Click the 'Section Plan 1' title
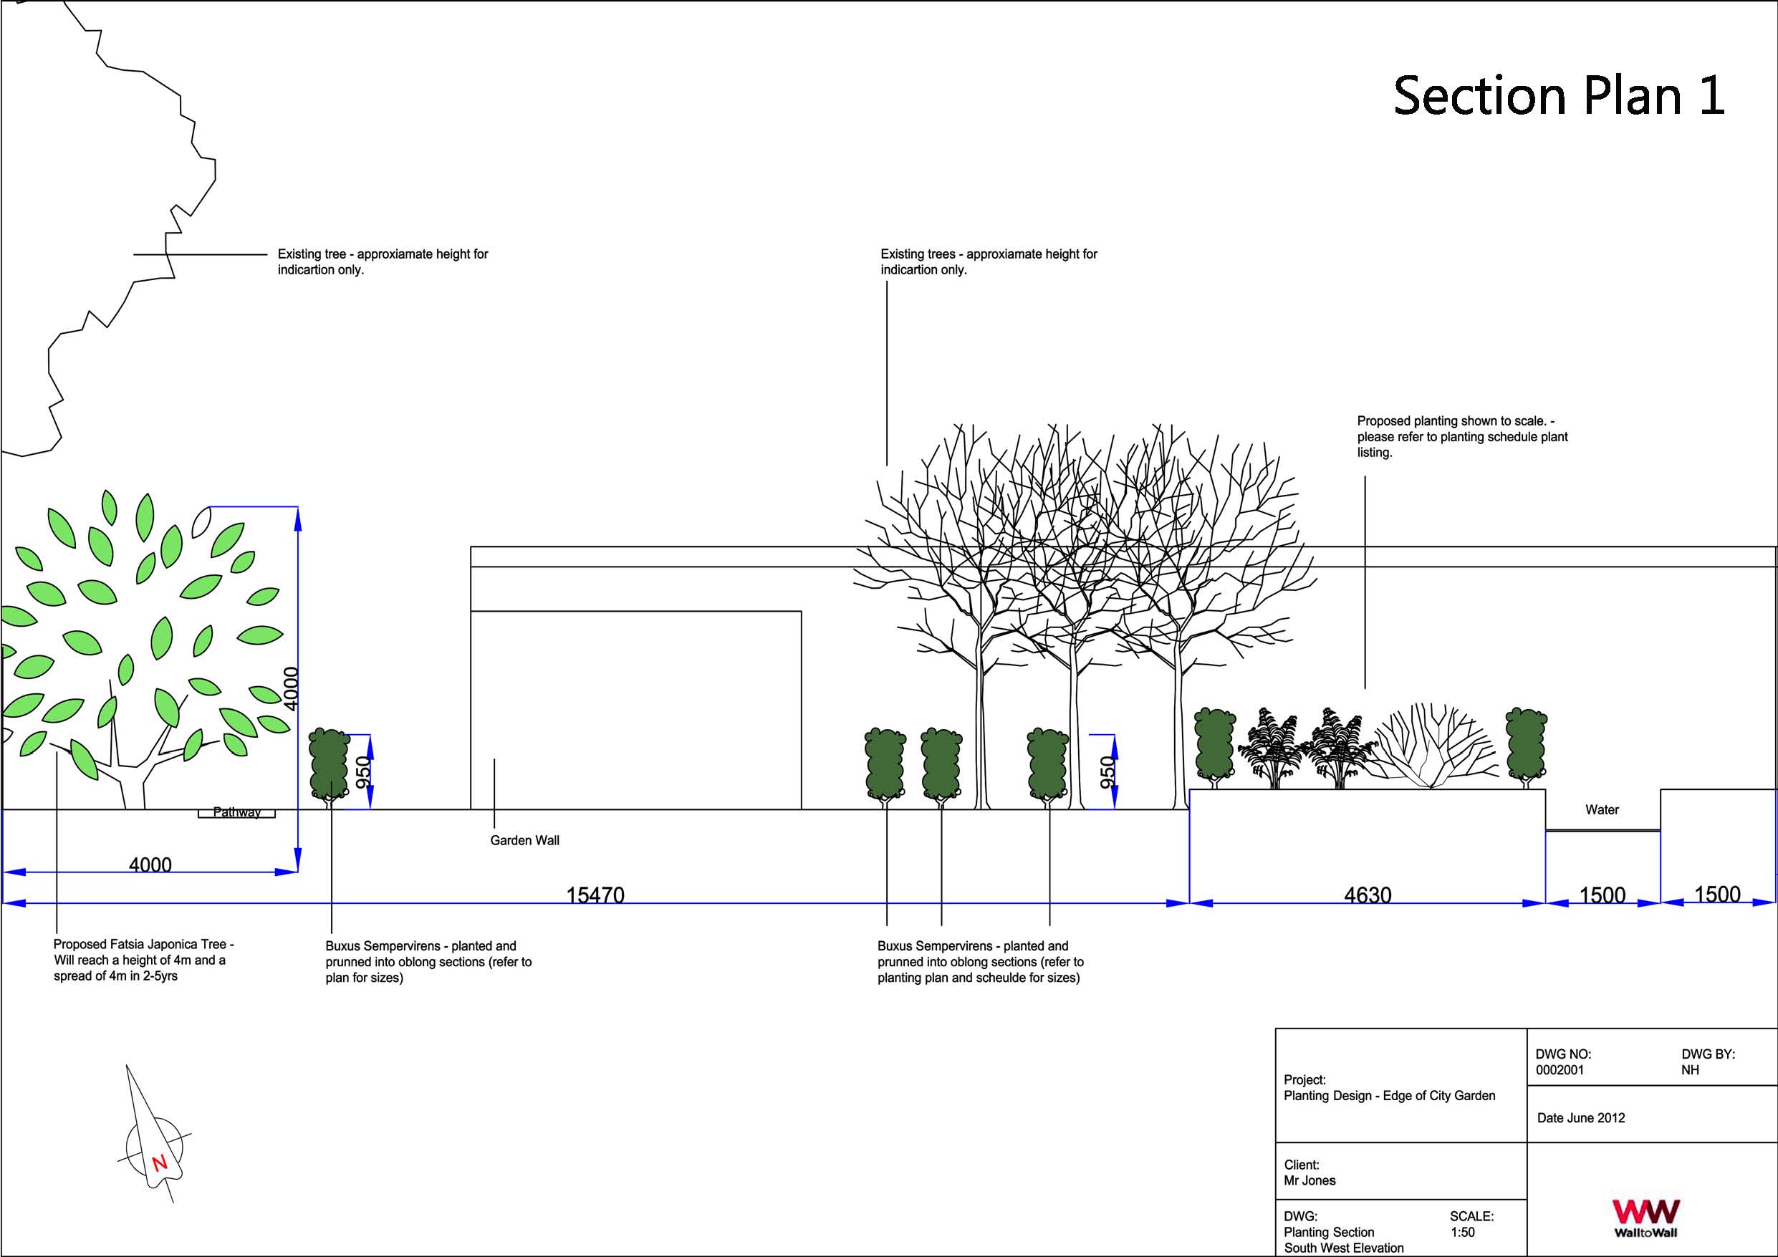click(1558, 96)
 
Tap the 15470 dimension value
click(595, 895)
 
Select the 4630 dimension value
click(1368, 895)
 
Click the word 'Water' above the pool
click(1602, 810)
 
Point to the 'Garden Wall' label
click(524, 840)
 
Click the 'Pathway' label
click(237, 812)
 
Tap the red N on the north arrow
click(160, 1162)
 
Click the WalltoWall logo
click(1645, 1218)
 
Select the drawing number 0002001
click(1560, 1070)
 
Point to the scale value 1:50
click(1462, 1232)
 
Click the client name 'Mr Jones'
click(1310, 1181)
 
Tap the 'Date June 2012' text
click(1580, 1118)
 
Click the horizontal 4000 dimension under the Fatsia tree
click(150, 865)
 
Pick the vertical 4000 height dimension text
click(290, 688)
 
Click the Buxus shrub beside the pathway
click(329, 764)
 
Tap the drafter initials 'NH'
click(1690, 1070)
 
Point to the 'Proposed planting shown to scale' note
click(1462, 437)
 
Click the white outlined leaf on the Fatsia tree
click(201, 522)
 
